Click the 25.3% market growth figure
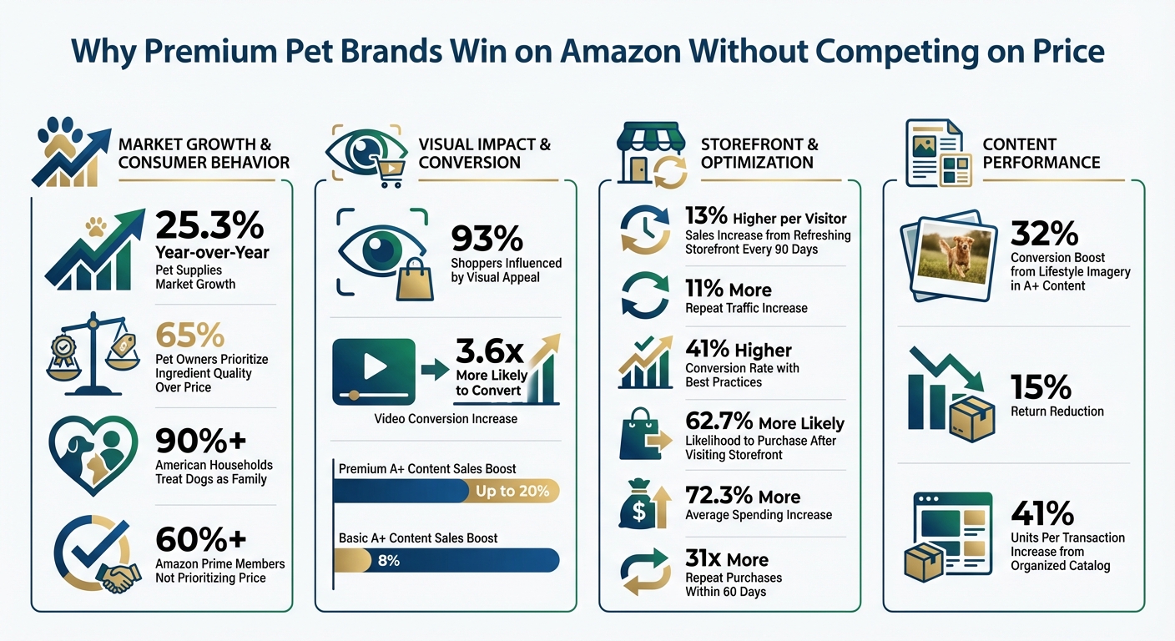(x=209, y=225)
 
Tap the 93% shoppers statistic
(x=487, y=239)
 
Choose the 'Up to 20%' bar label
(x=512, y=491)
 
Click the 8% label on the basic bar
(x=388, y=560)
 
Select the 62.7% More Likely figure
(x=764, y=422)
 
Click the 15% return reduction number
(x=1040, y=386)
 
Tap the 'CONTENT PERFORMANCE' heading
(x=1041, y=153)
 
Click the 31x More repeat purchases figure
(x=726, y=558)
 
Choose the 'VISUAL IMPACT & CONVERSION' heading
(x=484, y=153)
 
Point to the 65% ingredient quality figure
(x=189, y=336)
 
